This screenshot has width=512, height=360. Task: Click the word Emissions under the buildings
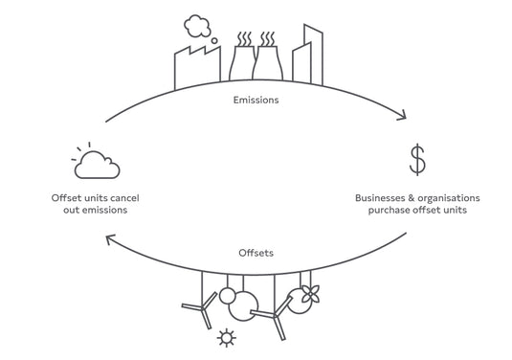point(256,99)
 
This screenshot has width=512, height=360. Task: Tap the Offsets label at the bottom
point(256,253)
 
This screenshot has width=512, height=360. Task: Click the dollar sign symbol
point(417,160)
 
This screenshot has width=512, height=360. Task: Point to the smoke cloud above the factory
point(197,24)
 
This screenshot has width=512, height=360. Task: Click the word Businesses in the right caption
point(383,197)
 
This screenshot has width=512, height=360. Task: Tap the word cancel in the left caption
point(125,197)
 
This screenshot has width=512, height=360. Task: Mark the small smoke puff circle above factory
point(214,41)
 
